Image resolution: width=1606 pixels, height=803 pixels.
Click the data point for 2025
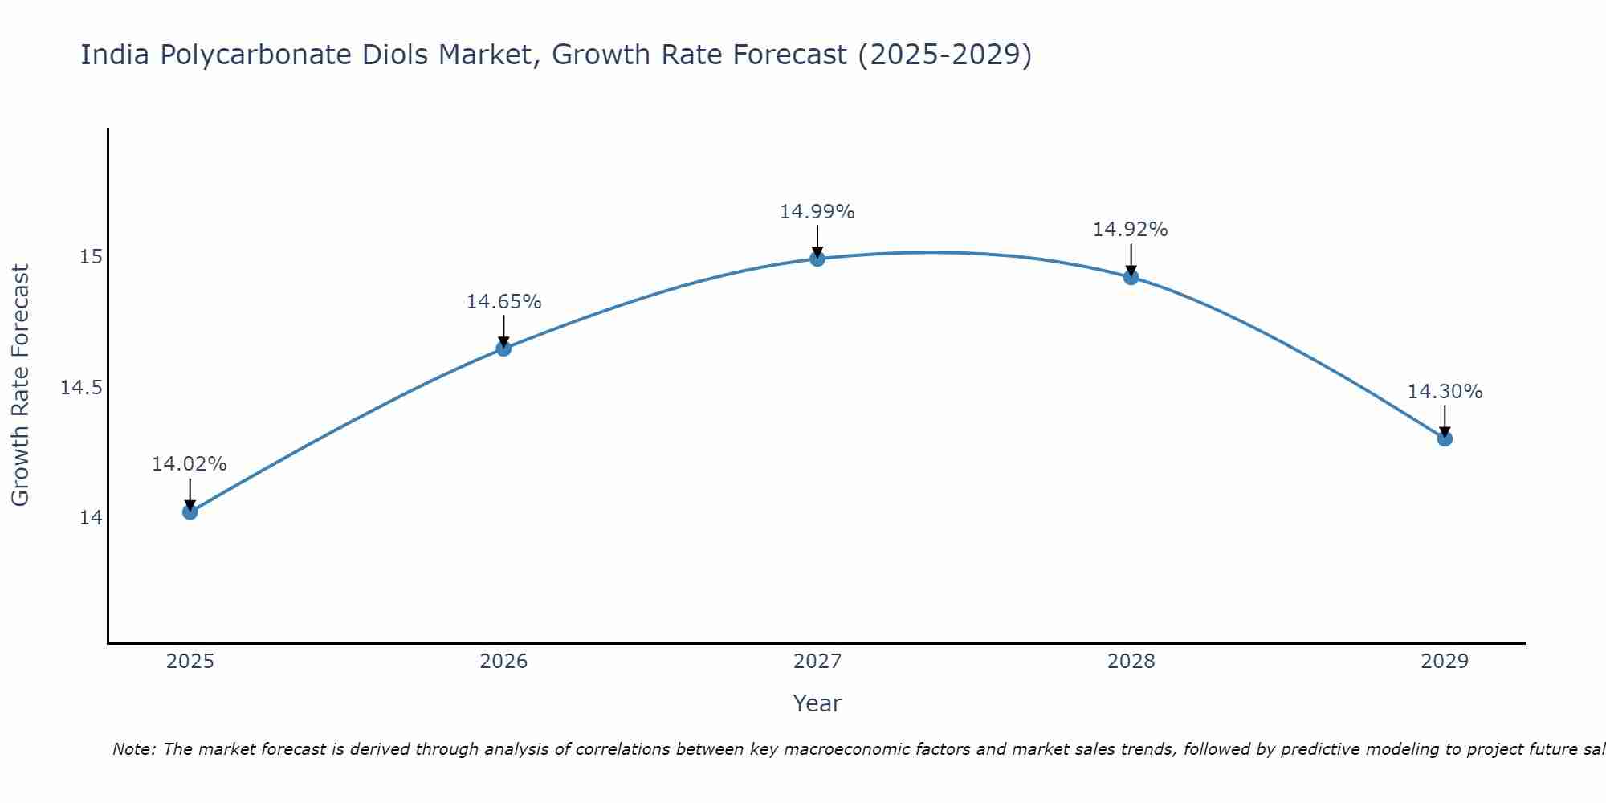pos(190,512)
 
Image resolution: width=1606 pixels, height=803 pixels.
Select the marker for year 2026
pos(503,348)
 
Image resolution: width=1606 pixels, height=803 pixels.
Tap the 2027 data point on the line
pos(817,258)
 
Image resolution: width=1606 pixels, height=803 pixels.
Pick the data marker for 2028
pos(1131,277)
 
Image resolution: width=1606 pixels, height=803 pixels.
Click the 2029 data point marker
pos(1445,438)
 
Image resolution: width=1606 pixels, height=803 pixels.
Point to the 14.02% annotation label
pos(190,464)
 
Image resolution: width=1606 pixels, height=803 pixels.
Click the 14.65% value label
pos(503,302)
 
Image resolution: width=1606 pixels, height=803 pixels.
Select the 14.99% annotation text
pos(817,212)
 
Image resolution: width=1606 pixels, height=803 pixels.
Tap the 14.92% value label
pos(1130,230)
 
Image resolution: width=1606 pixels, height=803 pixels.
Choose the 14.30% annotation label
pos(1445,392)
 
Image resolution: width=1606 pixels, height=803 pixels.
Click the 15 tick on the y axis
pos(91,257)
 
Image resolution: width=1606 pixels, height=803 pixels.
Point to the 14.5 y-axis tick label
pos(82,388)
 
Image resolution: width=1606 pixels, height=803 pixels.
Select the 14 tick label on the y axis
pos(91,518)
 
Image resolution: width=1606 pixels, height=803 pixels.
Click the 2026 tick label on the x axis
pos(503,662)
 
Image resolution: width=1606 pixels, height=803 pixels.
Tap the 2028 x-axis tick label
pos(1131,662)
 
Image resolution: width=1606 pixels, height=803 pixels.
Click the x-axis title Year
pos(817,703)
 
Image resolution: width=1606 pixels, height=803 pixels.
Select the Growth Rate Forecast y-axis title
pos(20,385)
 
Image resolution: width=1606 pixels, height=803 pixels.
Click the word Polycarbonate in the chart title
pos(257,55)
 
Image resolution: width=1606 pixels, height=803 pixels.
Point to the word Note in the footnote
pos(132,749)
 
